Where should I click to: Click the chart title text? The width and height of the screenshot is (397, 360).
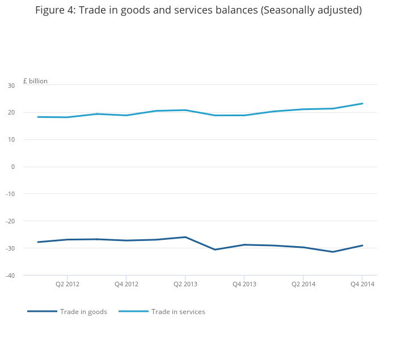[x=198, y=10]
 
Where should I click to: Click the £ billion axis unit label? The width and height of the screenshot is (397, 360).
[x=35, y=81]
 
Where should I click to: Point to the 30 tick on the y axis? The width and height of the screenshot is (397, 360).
[x=11, y=86]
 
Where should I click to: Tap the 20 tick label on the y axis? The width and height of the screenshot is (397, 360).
[x=11, y=112]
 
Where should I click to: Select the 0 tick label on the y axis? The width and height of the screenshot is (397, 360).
[x=13, y=167]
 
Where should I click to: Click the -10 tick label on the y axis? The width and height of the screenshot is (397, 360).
[x=10, y=194]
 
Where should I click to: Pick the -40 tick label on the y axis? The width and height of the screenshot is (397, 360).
[x=10, y=276]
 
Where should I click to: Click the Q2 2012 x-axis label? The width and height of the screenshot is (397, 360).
[x=67, y=284]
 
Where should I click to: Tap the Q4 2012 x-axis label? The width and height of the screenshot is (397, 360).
[x=126, y=284]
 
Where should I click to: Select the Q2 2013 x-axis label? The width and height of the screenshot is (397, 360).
[x=185, y=284]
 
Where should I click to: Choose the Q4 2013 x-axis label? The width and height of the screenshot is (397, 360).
[x=244, y=284]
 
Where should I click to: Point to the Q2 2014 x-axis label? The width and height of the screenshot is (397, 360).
[x=303, y=284]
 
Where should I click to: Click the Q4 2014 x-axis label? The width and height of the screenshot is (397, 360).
[x=362, y=284]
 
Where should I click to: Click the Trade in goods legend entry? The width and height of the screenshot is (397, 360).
[x=67, y=312]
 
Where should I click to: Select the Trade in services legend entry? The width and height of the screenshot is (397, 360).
[x=162, y=312]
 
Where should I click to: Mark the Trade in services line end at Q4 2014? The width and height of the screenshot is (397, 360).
[x=362, y=104]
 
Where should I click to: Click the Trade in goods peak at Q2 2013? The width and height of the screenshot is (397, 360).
[x=185, y=237]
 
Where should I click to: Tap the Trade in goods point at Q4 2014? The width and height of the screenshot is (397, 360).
[x=362, y=245]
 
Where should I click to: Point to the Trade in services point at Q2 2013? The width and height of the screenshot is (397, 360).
[x=185, y=110]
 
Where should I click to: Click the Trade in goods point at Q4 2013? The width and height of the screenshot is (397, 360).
[x=244, y=245]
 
